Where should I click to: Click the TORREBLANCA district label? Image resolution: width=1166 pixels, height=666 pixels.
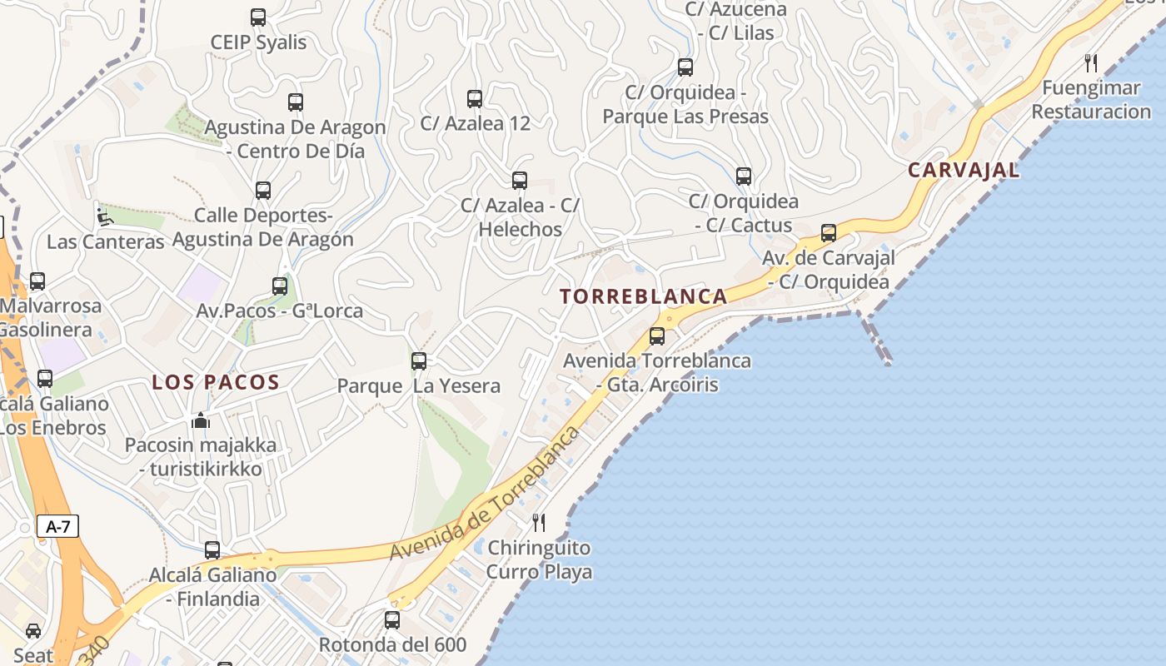point(644,296)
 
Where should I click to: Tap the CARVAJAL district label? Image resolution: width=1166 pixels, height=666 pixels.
point(964,171)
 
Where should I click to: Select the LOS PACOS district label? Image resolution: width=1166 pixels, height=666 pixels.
point(216,383)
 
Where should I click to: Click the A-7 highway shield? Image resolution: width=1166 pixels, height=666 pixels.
point(58,526)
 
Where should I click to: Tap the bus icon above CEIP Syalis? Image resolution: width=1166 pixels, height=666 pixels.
point(258,17)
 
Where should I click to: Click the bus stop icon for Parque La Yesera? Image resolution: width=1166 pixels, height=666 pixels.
point(419,361)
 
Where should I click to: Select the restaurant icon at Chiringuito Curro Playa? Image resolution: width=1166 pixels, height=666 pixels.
point(539,523)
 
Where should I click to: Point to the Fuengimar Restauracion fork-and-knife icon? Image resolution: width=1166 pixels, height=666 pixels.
point(1091,62)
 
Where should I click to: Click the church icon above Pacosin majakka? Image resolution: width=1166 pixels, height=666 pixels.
point(201,420)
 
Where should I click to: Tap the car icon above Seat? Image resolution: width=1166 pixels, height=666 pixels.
point(33,631)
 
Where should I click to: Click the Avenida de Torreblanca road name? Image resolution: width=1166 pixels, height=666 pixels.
point(485,494)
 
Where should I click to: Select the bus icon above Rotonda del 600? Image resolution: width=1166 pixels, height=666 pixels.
point(392,620)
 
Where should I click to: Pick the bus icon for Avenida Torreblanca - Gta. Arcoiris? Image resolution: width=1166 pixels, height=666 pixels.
point(657,336)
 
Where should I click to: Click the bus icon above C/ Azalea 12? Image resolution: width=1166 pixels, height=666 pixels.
point(475,99)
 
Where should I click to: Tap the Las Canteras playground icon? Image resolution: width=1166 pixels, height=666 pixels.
point(105,217)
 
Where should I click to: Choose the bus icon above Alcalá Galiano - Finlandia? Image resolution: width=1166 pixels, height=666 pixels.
point(212,550)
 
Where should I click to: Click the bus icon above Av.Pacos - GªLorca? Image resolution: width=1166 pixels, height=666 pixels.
point(280,286)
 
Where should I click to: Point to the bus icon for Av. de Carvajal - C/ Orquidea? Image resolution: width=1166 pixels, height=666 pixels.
point(829,233)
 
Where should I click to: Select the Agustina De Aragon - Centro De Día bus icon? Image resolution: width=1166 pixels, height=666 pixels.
point(296,102)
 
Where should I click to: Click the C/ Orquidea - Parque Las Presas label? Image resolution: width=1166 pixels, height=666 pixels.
point(685,104)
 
